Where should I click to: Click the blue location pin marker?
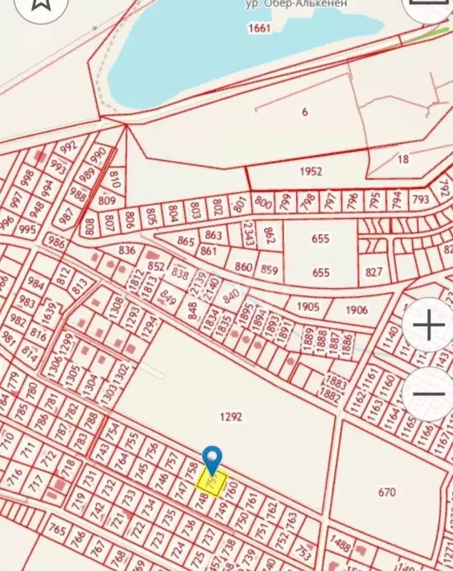coord(213,459)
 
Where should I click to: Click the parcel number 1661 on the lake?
coord(260,28)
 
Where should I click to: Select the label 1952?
coord(311,171)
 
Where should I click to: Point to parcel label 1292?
coord(232,417)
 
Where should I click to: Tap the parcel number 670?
coord(387,491)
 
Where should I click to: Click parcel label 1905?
coord(307,307)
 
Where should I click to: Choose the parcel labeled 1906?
coord(356,310)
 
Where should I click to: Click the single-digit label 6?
coord(305,112)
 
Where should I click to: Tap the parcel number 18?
coord(403,159)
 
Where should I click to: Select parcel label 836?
coord(127,250)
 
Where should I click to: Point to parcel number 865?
coord(186,242)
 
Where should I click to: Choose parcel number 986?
coord(55,241)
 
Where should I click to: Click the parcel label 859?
coord(270,269)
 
